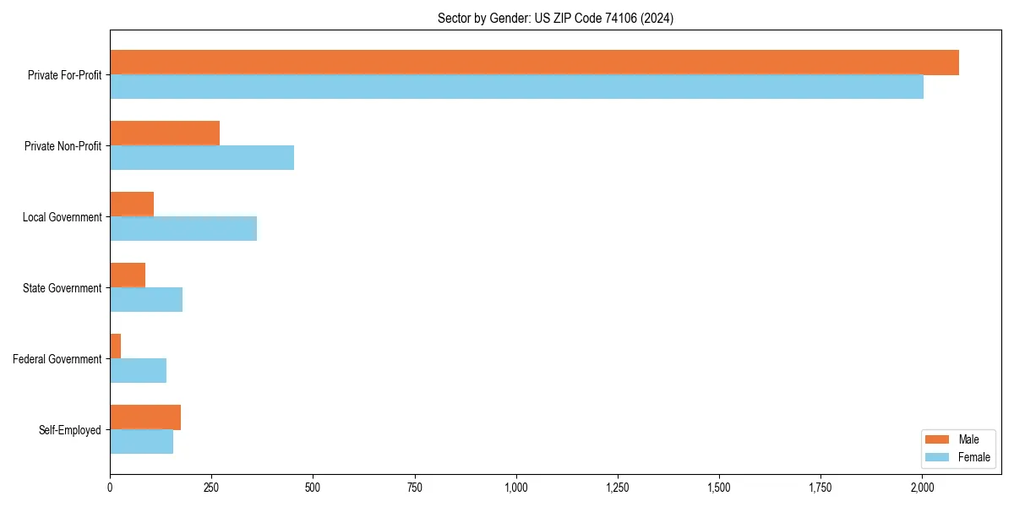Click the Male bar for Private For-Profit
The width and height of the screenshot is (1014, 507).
534,63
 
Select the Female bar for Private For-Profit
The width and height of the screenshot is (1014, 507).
516,87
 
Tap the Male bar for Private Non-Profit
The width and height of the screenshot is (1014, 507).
165,134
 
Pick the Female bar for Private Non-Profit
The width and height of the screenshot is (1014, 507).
202,158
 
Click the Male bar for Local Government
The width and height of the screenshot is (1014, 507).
132,204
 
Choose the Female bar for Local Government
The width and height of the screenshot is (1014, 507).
183,229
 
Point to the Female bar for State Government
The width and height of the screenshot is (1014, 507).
146,300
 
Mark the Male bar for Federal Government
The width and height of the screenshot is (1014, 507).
116,346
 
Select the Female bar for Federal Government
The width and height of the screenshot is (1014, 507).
138,371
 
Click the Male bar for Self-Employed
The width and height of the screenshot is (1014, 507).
145,417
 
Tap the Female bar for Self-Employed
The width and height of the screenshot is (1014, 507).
141,442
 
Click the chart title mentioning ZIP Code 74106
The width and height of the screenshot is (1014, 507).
555,18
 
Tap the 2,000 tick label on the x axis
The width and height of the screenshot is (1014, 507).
922,488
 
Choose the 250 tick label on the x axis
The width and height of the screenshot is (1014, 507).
211,488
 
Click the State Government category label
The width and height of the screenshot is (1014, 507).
62,288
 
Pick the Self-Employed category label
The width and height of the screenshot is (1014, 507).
69,430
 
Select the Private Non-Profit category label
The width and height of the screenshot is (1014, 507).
63,146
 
